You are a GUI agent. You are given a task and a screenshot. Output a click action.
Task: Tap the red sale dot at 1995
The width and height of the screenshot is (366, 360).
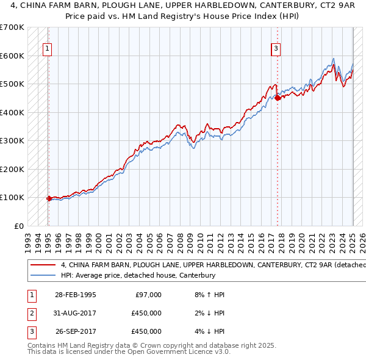point(49,198)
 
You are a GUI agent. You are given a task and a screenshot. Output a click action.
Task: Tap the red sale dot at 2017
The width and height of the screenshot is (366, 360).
point(277,98)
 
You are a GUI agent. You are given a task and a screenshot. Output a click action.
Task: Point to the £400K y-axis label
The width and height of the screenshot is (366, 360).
point(12,112)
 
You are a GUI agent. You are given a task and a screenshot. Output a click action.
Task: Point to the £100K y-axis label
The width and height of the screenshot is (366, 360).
point(12,198)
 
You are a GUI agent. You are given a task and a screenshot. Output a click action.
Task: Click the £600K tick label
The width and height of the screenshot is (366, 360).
point(12,56)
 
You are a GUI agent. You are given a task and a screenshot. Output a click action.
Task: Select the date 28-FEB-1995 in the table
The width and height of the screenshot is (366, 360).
point(76,295)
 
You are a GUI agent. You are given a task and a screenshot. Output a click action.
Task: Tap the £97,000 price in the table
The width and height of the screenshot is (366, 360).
point(146,295)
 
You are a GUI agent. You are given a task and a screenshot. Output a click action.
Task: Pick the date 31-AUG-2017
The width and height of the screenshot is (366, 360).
point(76,313)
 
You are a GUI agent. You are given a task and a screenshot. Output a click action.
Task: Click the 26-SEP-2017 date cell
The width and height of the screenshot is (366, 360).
point(76,331)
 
